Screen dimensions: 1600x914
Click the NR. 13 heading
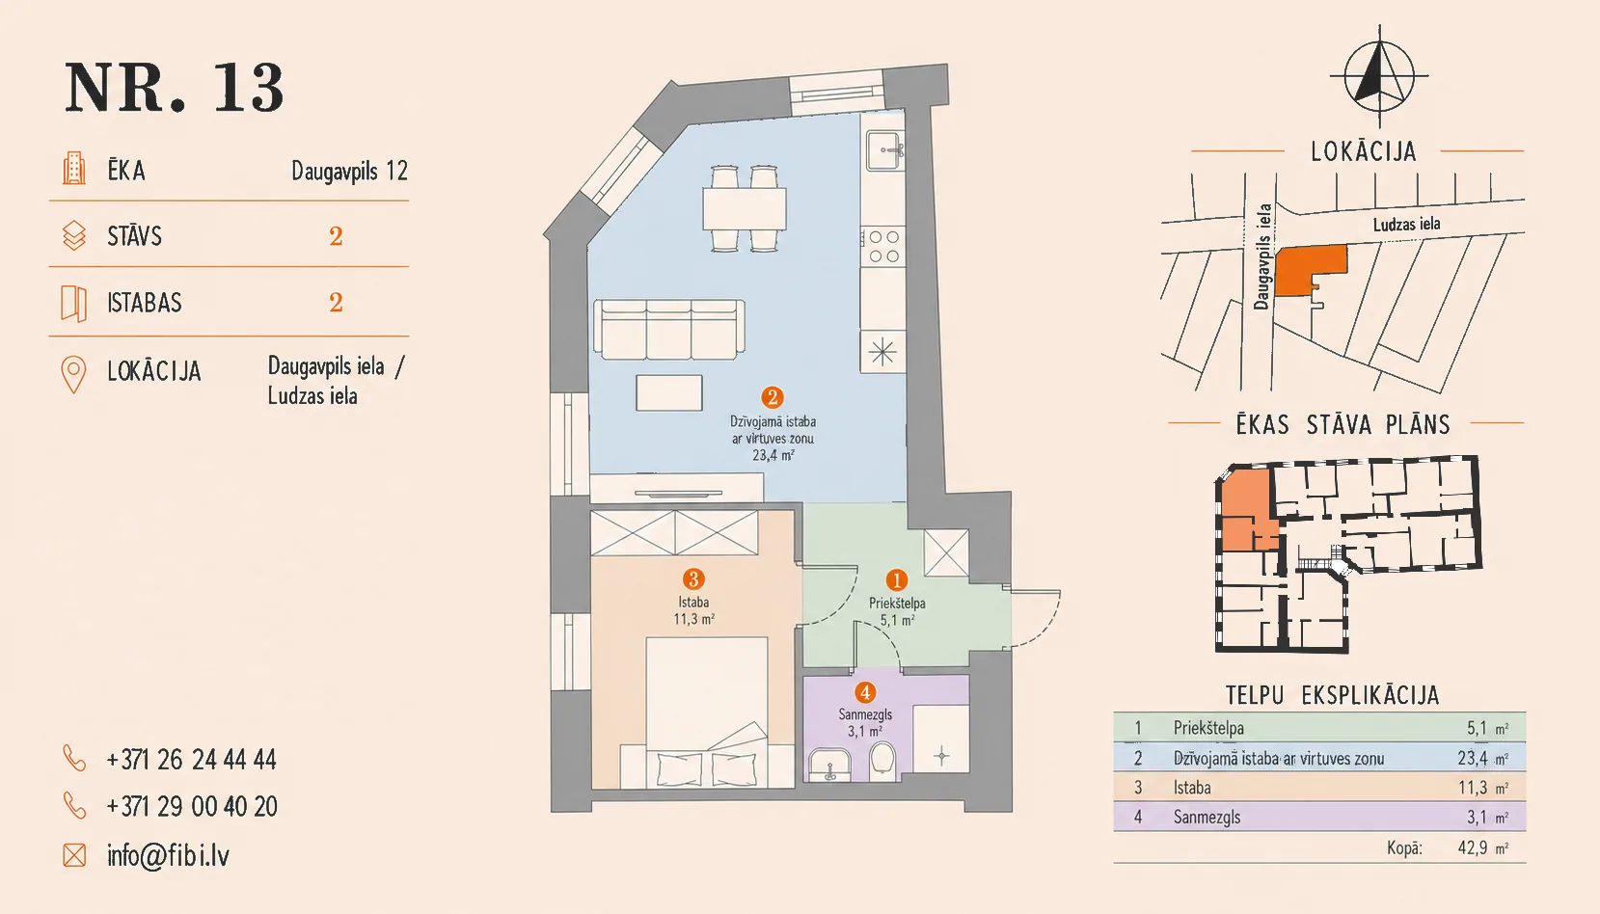click(175, 88)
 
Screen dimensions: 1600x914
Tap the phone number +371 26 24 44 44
click(191, 759)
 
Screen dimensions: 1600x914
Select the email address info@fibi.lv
click(168, 855)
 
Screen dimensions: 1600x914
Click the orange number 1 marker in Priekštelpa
click(896, 579)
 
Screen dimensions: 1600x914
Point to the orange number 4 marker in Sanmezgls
click(865, 692)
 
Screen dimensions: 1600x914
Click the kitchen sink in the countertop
click(884, 150)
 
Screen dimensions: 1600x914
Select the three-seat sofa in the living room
click(669, 329)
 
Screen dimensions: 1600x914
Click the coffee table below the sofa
click(669, 392)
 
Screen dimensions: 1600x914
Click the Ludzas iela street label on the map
click(1406, 225)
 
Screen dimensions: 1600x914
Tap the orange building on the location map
click(1309, 270)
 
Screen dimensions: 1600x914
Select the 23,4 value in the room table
click(1472, 758)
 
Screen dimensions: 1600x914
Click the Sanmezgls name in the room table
click(1207, 817)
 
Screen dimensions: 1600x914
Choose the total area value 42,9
click(1472, 847)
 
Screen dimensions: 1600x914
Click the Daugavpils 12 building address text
click(349, 172)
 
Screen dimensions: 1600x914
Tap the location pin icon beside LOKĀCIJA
click(73, 374)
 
